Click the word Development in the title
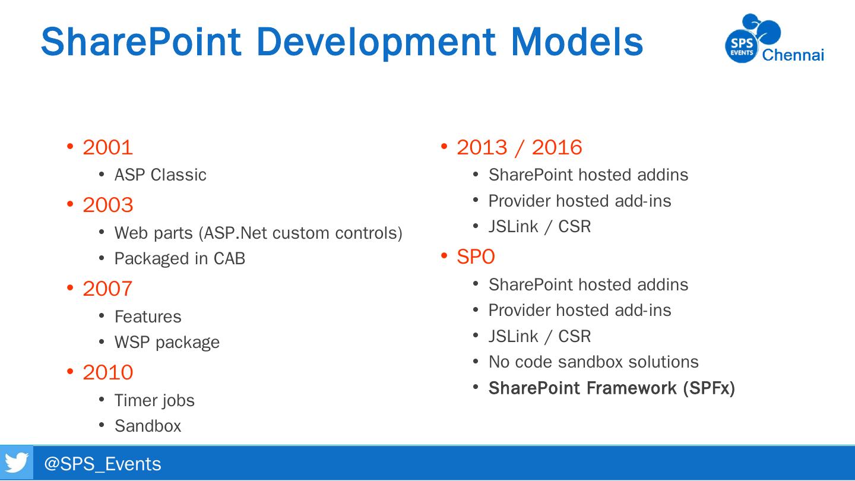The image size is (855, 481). point(376,43)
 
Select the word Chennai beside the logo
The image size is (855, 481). point(793,55)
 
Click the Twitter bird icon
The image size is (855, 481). point(17,463)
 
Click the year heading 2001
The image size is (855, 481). point(107,147)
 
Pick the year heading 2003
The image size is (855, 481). point(107,205)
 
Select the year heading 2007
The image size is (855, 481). point(107,289)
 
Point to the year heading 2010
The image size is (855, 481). point(107,372)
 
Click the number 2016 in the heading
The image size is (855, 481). point(557,147)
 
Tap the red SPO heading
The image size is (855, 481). point(476,257)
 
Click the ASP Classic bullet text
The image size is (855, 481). point(160,175)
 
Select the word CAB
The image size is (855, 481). point(229,258)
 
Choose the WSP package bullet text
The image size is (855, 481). point(167,343)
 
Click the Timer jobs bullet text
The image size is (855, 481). point(154,400)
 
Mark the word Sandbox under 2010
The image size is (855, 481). point(148,426)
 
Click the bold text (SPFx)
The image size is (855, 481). point(709,388)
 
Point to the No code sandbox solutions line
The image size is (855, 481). point(594,362)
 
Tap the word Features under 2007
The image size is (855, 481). point(148,317)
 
